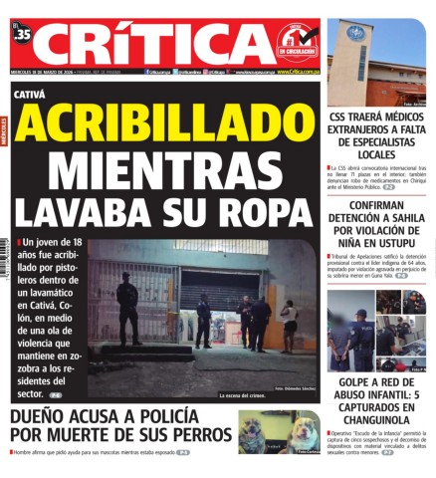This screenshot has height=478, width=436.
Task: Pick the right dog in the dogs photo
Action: [303, 434]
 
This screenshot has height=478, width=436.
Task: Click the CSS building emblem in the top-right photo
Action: [355, 35]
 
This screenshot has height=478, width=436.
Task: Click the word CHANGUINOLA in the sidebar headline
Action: [377, 419]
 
